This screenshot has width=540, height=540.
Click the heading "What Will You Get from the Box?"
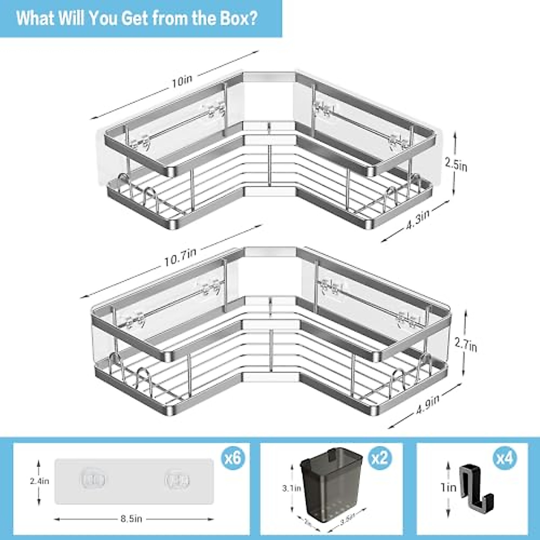(x=137, y=18)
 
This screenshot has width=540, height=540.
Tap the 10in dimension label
(x=182, y=80)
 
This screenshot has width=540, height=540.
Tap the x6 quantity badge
(x=234, y=459)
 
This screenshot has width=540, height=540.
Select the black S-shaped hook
(x=476, y=488)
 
